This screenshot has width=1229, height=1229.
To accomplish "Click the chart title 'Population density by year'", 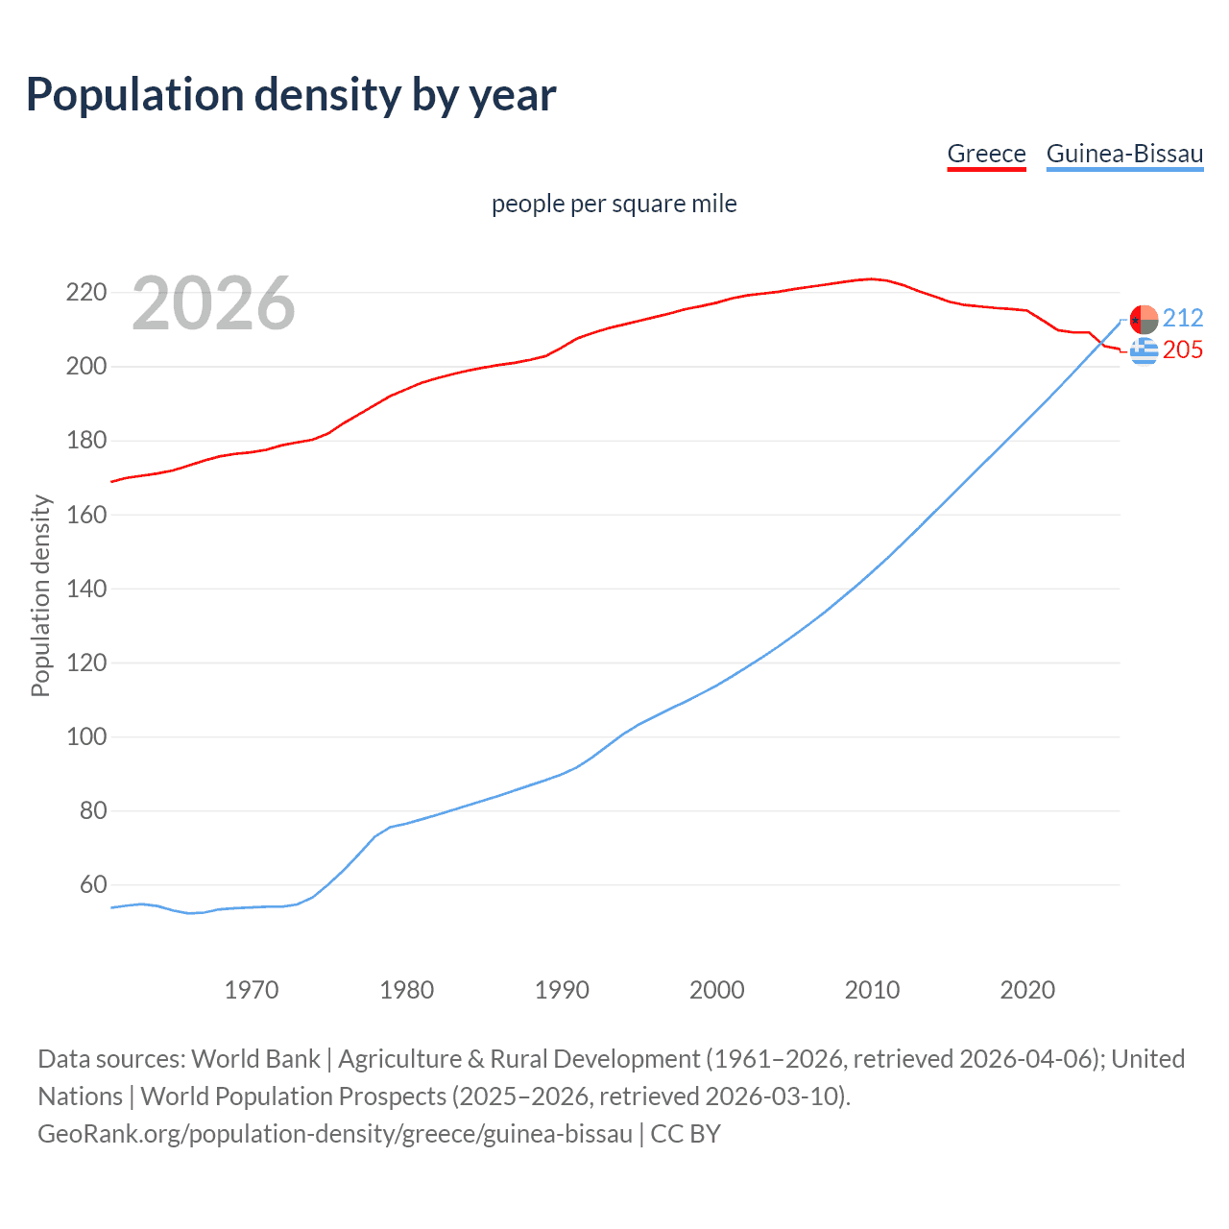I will (x=291, y=95).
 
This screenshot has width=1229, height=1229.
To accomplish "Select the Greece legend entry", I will (x=986, y=154).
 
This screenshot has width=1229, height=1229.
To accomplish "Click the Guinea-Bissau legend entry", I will (x=1124, y=154).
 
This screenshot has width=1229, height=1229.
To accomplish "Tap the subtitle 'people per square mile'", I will (x=614, y=205).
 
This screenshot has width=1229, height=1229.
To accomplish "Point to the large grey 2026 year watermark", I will (x=213, y=303).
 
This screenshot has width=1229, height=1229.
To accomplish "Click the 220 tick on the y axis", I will (x=85, y=293).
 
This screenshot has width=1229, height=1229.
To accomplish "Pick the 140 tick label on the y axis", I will (x=85, y=589).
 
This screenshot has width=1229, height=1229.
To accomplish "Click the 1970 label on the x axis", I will (x=252, y=990).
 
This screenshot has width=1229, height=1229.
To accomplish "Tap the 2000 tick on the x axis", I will (x=717, y=990).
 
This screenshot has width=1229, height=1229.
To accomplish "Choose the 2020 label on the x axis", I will (x=1027, y=990).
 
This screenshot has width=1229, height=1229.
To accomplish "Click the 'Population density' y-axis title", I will (x=40, y=595).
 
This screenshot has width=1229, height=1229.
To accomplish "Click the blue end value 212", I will (x=1183, y=318).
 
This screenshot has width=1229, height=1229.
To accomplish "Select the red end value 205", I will (x=1183, y=350).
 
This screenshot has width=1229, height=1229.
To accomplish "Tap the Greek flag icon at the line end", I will (x=1144, y=351).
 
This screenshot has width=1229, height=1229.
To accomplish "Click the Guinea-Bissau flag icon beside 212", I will (x=1144, y=318).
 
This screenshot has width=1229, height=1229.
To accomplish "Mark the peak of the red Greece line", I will (x=871, y=278).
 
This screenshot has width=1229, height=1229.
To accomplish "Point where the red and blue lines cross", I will (x=1102, y=342).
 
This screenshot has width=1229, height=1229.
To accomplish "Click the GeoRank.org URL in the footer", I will (x=335, y=1134).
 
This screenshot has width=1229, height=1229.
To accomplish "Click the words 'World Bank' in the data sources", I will (x=255, y=1059).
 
